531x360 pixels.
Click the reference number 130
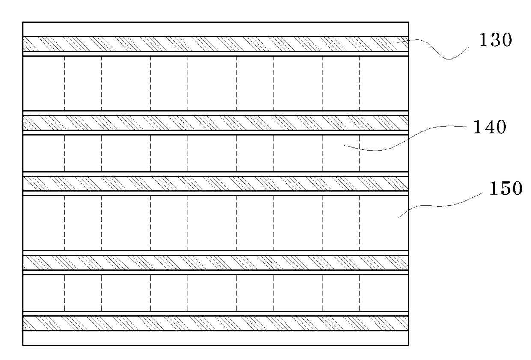click(x=495, y=40)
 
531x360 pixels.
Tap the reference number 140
click(x=489, y=127)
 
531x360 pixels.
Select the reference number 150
click(x=506, y=188)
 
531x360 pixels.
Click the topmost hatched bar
click(x=215, y=44)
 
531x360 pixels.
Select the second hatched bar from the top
click(x=215, y=123)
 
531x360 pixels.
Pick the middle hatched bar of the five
click(x=215, y=184)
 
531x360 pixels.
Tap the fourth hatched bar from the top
click(x=215, y=263)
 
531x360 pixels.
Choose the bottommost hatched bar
click(x=215, y=324)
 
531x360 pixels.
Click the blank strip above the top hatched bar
click(x=215, y=30)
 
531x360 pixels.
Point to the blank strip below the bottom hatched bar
click(x=215, y=338)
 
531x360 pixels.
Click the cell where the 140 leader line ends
click(x=341, y=153)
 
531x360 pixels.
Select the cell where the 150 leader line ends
click(x=384, y=223)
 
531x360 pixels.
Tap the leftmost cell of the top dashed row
click(x=44, y=83)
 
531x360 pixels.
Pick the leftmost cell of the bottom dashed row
click(x=44, y=293)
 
